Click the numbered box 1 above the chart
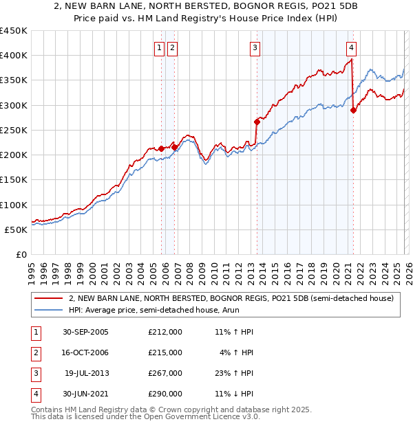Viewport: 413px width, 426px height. coord(159,47)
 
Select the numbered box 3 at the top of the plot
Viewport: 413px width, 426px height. coord(255,47)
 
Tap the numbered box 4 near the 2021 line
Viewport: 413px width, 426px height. coord(351,47)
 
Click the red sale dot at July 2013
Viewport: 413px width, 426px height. coord(257,122)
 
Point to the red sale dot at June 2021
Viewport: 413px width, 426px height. coord(353,110)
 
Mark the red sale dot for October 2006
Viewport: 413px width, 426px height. coord(175,147)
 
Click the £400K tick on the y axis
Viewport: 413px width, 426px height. coord(14,56)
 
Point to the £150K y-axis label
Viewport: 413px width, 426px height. coord(14,180)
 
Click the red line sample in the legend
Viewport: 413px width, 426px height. coord(49,299)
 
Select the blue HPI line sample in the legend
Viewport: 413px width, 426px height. coord(49,311)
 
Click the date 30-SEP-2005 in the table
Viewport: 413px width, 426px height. coord(85,332)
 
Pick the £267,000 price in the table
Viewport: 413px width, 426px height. coord(165,373)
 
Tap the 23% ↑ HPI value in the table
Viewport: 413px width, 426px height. coord(233,373)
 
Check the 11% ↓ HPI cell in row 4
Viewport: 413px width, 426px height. coord(233,394)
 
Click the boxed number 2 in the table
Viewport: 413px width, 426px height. coord(34,352)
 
